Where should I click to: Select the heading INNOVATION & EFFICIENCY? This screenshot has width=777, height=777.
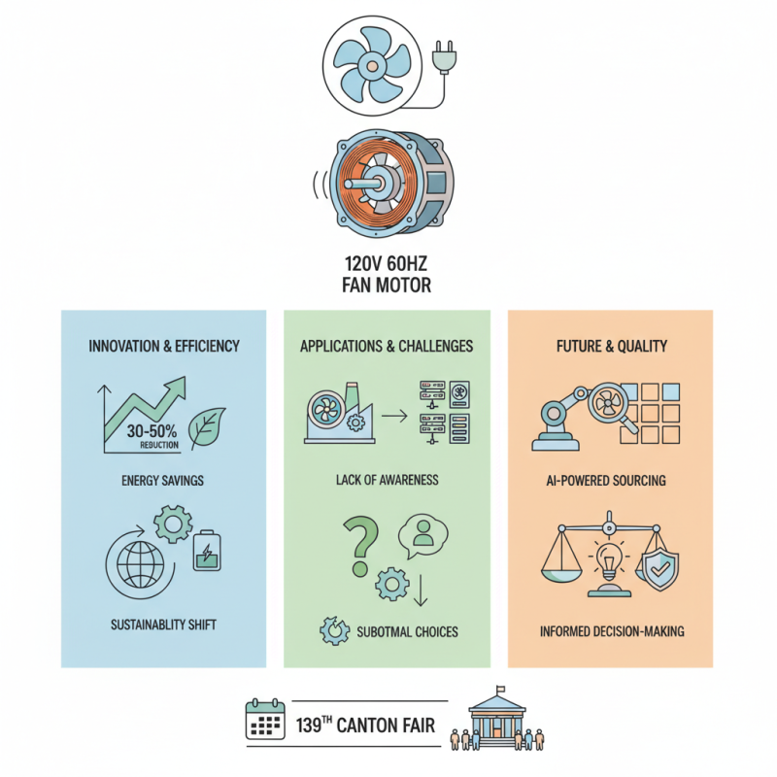click(x=163, y=345)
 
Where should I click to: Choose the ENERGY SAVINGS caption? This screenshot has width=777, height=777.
click(x=163, y=480)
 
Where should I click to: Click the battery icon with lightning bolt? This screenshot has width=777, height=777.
click(x=206, y=550)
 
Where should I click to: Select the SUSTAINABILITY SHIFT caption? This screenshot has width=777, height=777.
click(x=163, y=624)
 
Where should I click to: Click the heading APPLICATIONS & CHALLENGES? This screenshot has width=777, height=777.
click(x=387, y=345)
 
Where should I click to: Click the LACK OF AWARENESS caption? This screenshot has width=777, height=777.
click(x=387, y=480)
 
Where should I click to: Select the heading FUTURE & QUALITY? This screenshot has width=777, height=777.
click(x=610, y=345)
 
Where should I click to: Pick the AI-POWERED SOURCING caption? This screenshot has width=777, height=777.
click(x=610, y=480)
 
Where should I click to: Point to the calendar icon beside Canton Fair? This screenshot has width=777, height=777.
click(x=263, y=720)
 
